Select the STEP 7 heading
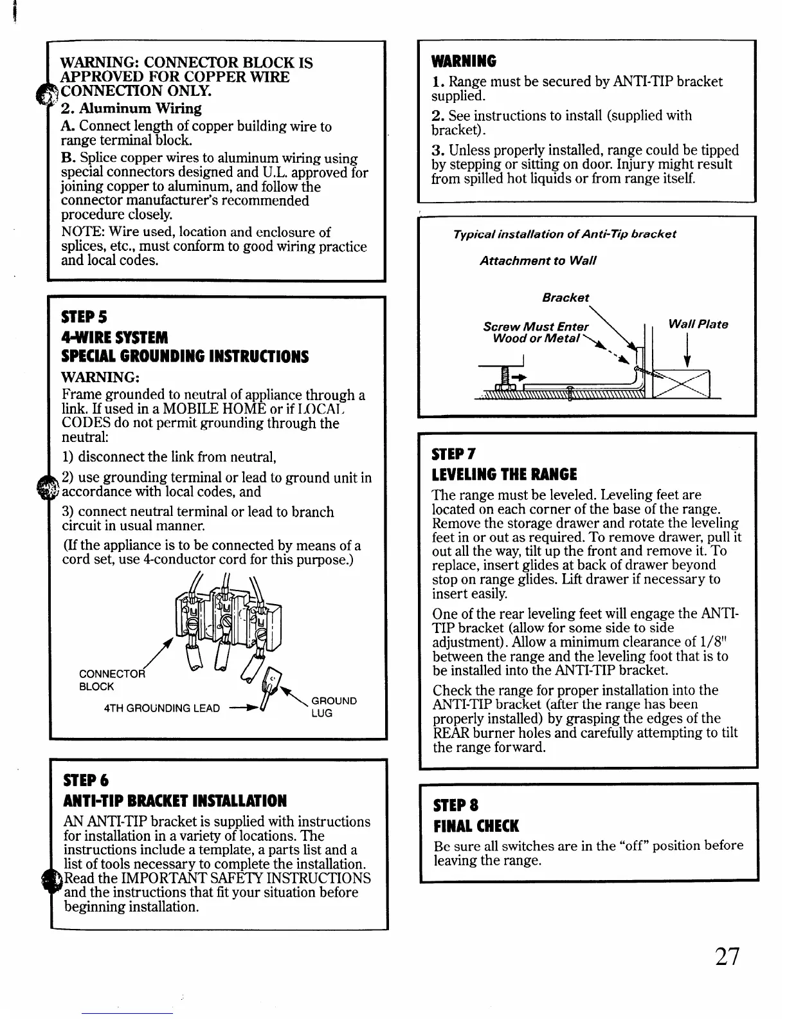pos(454,454)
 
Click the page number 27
pos(727,957)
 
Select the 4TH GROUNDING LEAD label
pos(161,708)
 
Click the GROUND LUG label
pos(333,706)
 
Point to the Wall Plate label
pos(698,324)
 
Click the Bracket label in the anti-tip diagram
pos(565,297)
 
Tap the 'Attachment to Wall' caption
pos(538,261)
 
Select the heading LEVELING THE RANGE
pos(505,475)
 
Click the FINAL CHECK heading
pos(476,826)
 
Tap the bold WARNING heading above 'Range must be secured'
pos(464,62)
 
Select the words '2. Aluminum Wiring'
pos(131,108)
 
